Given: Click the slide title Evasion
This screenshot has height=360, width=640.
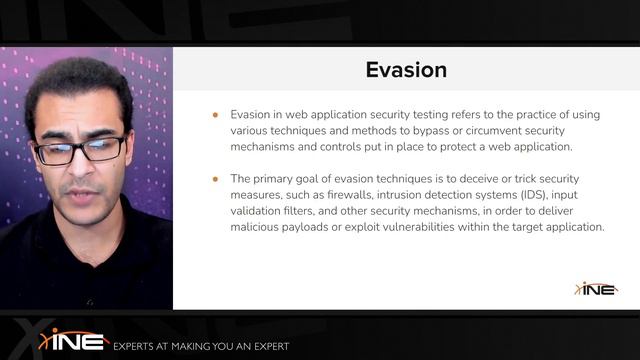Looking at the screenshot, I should point(406,70).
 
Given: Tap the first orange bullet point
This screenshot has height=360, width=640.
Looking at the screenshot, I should point(215,115).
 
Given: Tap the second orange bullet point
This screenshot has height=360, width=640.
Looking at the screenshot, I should point(215,179).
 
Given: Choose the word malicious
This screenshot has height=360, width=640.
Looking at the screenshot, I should point(257,227).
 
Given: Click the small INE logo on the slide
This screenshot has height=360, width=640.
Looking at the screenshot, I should point(596,288).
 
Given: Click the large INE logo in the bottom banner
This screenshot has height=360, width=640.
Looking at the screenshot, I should point(73,339).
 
